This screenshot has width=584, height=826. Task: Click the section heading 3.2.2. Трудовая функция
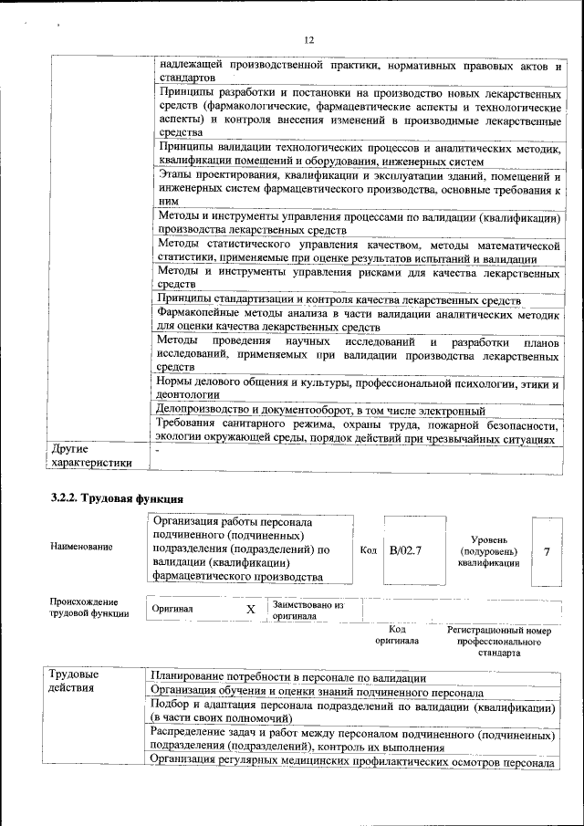tap(117, 498)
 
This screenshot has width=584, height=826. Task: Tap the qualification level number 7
tap(547, 550)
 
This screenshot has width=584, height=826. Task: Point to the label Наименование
tap(82, 547)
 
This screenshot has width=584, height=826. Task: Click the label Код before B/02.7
tap(369, 550)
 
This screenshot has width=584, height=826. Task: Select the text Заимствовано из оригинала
tap(308, 610)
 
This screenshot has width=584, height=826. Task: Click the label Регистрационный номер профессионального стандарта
tap(498, 642)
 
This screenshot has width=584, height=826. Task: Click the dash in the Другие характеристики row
tap(158, 451)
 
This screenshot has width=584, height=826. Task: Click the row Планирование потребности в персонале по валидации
tap(288, 676)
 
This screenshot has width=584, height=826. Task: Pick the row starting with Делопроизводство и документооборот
tap(321, 411)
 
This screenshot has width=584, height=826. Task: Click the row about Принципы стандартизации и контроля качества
tap(339, 300)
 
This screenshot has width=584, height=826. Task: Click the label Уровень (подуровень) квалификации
tap(488, 551)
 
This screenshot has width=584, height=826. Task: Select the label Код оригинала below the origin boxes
tap(397, 635)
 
